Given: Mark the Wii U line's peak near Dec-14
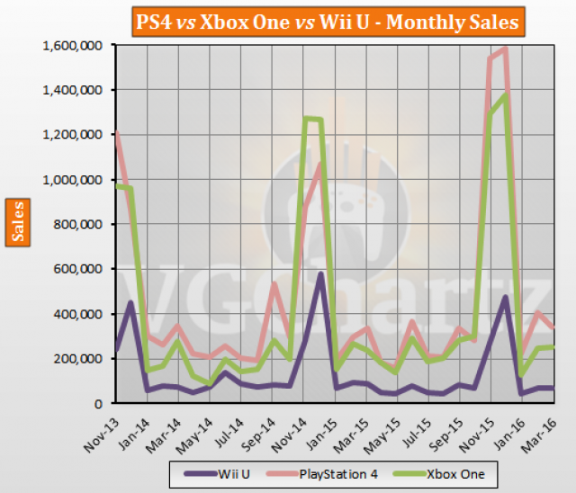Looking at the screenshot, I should tap(319, 273).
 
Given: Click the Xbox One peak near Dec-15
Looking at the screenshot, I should tap(507, 94).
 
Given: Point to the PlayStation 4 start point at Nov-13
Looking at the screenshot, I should tap(116, 132).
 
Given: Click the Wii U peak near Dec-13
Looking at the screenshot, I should tap(132, 303).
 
